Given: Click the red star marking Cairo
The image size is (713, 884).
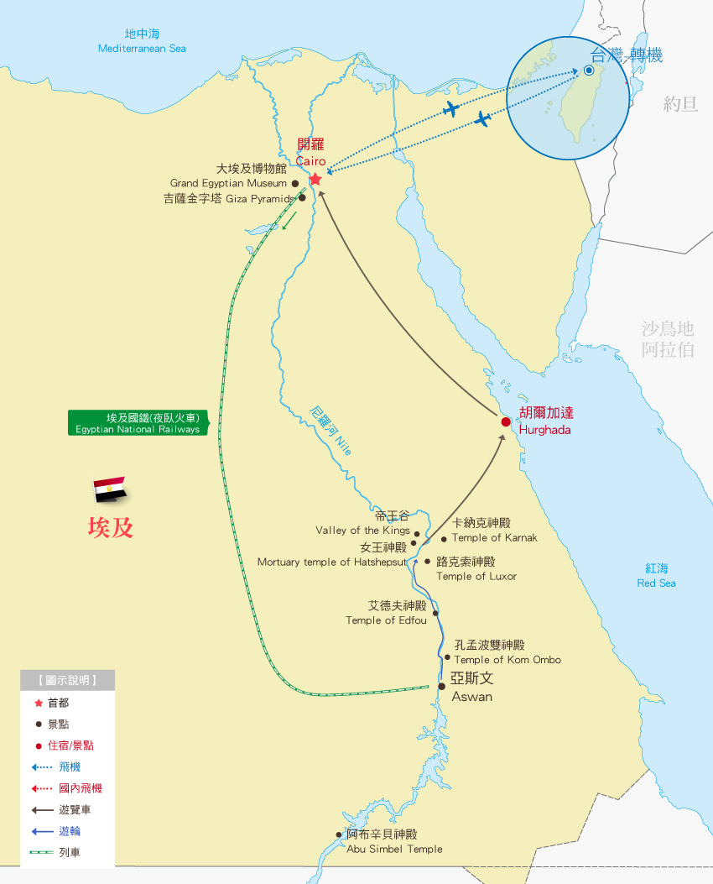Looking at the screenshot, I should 315,180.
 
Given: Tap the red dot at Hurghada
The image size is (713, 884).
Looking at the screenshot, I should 506,421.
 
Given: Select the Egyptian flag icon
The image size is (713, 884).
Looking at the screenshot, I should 109,489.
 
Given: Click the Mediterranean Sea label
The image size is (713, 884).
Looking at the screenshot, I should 142,41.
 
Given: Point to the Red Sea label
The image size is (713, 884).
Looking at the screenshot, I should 657,576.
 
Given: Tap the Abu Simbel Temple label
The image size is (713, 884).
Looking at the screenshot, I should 394,841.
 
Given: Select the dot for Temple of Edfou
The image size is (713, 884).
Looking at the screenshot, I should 435,613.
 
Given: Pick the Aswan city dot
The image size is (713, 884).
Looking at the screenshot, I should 442,686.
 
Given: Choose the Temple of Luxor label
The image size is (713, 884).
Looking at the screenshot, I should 476,569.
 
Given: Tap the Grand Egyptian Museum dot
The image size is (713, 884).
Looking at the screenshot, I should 294,183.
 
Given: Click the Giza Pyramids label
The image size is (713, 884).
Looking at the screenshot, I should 230,199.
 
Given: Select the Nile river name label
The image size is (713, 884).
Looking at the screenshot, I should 330,431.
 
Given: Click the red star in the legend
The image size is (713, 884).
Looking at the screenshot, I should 38,703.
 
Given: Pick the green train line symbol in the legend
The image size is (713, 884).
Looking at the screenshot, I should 41,852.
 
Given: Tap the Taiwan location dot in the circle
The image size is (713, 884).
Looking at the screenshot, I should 589,71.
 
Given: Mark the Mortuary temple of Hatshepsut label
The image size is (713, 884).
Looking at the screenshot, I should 331,554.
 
